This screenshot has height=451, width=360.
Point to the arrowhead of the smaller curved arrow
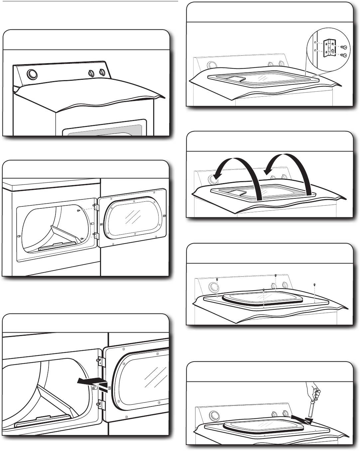click(x=268, y=172)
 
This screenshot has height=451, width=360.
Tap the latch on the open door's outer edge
click(x=165, y=216)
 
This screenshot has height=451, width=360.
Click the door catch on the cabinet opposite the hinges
click(x=19, y=236)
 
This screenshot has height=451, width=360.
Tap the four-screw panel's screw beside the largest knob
click(x=217, y=279)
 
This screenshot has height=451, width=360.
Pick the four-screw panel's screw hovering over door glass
click(x=263, y=290)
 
